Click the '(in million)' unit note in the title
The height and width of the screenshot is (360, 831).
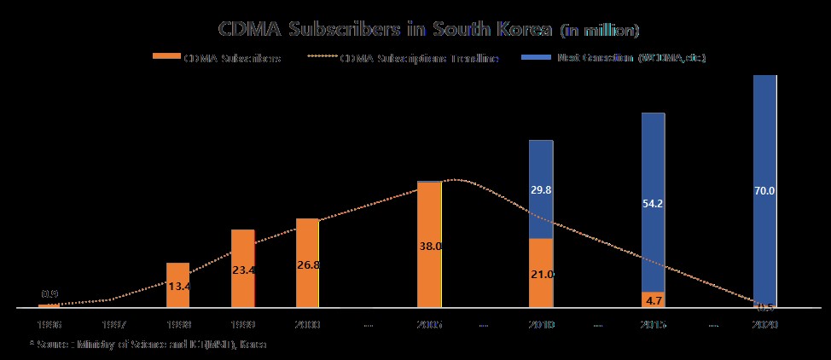pos(600,32)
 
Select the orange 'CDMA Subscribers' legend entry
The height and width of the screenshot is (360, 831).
pos(217,58)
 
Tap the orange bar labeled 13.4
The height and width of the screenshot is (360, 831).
pos(177,285)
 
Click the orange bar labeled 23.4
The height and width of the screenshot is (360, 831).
pos(242,268)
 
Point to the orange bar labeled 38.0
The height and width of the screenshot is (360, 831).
pos(429,245)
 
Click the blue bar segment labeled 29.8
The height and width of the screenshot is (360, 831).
pos(541,189)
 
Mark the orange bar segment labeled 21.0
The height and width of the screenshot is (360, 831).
pos(541,273)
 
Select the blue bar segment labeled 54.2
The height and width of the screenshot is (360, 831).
pos(653,203)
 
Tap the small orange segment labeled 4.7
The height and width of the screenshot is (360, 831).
pos(653,299)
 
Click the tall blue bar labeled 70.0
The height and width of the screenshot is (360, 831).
pos(764,189)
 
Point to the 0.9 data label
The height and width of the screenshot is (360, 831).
pos(49,294)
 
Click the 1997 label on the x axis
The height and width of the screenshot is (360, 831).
pos(113,325)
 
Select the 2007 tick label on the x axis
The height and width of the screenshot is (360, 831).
pos(429,325)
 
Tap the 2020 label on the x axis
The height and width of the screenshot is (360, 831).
pos(764,325)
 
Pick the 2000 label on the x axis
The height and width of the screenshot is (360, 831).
pos(307,325)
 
